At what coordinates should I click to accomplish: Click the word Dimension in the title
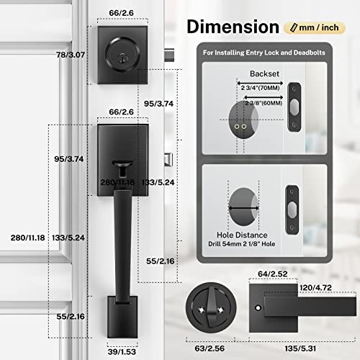click(233, 26)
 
